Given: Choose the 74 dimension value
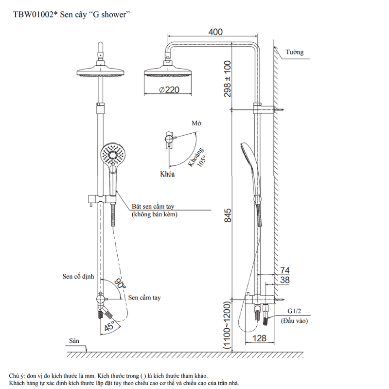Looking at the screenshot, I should click(x=285, y=270).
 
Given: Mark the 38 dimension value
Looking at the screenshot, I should click(x=285, y=280).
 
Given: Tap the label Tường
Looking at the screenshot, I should click(x=295, y=53).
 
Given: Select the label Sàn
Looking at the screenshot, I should click(x=74, y=341).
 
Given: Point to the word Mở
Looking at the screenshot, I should click(x=196, y=124).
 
